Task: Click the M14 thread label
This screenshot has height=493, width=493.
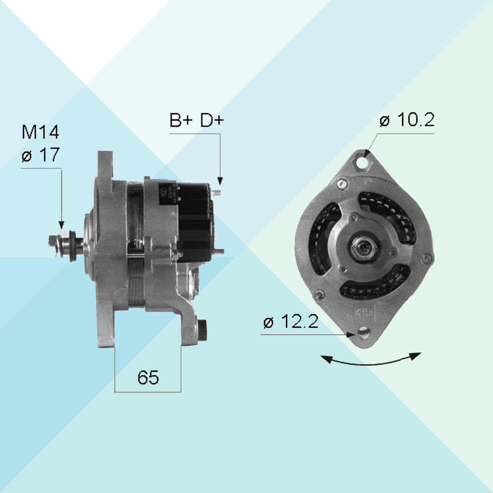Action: point(40,132)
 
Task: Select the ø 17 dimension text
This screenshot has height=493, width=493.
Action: point(40,154)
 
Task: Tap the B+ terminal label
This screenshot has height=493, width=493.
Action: point(181,120)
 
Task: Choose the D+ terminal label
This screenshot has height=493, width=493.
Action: point(212,120)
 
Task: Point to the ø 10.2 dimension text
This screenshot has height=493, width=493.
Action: point(407,120)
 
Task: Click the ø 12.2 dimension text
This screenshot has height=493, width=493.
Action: point(291,321)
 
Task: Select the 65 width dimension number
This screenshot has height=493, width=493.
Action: point(148,377)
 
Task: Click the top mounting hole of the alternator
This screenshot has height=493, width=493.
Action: point(363,163)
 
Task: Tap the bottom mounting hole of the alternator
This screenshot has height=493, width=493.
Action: point(364,332)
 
